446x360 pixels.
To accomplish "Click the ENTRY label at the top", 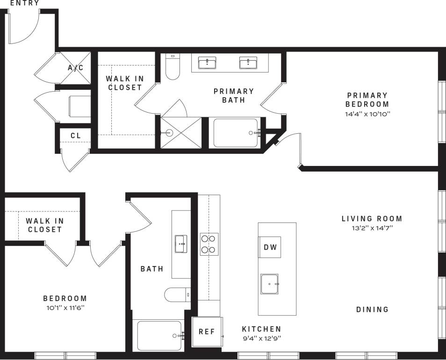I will [24, 3].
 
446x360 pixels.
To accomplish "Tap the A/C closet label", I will [76, 68].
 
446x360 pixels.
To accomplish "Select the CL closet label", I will [76, 136].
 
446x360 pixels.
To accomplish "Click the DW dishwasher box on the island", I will [270, 247].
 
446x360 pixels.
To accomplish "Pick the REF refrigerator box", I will [207, 331].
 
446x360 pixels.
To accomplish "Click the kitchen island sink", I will [269, 284].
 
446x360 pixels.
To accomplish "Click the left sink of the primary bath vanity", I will [207, 63].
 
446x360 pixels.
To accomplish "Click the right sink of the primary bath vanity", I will [248, 63].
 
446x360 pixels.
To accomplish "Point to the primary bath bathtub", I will [236, 133].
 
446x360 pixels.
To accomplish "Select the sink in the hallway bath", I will [181, 244].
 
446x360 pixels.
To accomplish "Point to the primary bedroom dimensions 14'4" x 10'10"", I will [367, 114].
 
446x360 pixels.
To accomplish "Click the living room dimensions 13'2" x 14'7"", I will [372, 228].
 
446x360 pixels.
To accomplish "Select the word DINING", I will [372, 310].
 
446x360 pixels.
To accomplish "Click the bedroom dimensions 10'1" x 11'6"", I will [65, 308].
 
